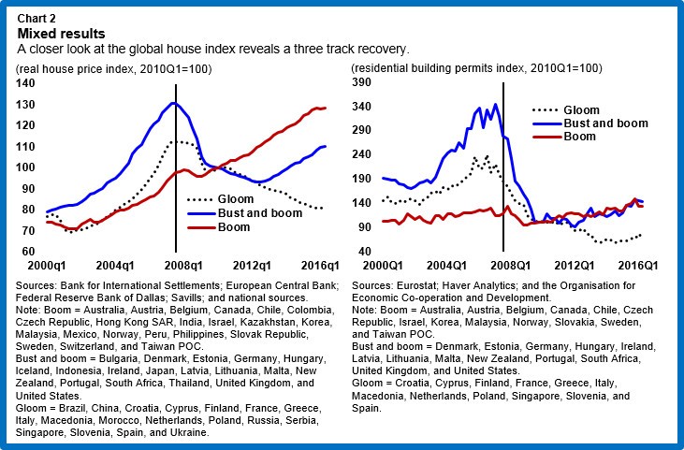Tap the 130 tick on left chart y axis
(31, 104)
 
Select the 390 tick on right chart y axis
(363, 83)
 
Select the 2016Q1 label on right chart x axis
(642, 266)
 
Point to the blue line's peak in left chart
(173, 103)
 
